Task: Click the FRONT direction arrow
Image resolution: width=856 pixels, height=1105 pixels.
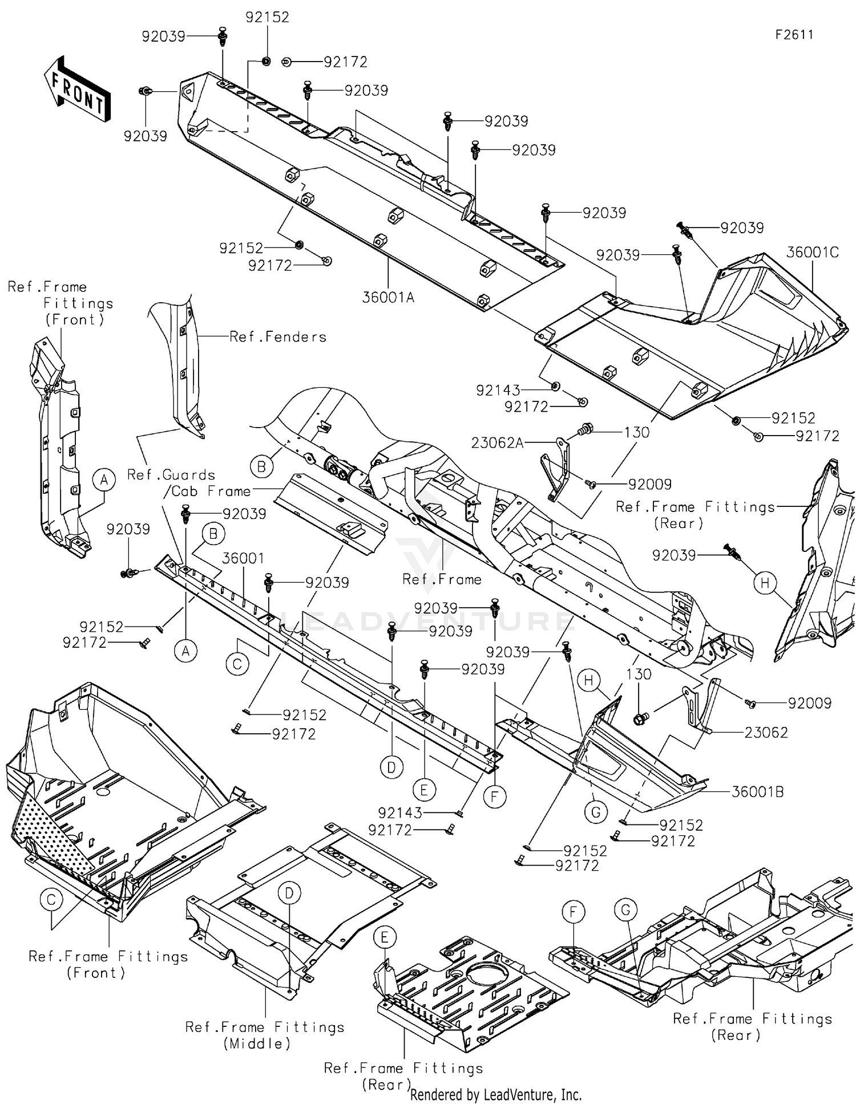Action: click(x=77, y=90)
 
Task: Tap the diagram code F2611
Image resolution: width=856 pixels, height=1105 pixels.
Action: click(x=794, y=35)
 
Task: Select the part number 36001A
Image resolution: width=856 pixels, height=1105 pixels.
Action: click(x=387, y=297)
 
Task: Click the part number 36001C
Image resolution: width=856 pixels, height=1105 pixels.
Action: click(x=812, y=252)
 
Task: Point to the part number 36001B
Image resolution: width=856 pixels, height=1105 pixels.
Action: click(x=757, y=791)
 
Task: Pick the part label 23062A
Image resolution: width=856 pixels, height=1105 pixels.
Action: click(x=497, y=442)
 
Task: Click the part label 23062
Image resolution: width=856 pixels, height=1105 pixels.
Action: click(x=765, y=732)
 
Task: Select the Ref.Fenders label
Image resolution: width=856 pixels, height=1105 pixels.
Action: click(x=278, y=337)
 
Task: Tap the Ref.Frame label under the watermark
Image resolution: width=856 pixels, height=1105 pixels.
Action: click(x=442, y=579)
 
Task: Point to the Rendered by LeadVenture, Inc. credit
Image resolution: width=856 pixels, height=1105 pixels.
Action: click(x=495, y=1095)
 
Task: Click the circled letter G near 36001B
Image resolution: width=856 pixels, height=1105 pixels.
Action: click(x=596, y=812)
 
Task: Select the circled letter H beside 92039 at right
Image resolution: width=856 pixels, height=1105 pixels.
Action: click(x=765, y=582)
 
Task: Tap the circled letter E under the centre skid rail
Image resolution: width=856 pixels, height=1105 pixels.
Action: click(x=423, y=790)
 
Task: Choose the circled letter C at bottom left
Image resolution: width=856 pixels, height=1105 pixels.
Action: click(x=51, y=900)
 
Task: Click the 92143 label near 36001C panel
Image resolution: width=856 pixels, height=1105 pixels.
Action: click(x=498, y=390)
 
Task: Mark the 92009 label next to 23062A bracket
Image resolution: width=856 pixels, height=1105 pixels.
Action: click(x=649, y=484)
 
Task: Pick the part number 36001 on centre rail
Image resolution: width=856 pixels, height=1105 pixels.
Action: click(x=243, y=558)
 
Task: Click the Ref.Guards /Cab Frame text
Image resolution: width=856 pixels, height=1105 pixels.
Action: click(x=188, y=482)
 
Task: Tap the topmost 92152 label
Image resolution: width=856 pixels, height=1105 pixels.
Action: click(x=267, y=17)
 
